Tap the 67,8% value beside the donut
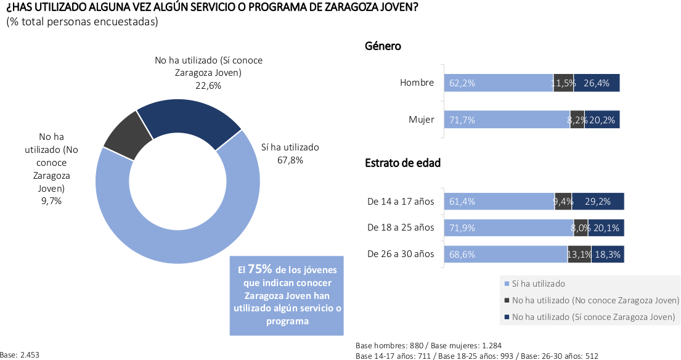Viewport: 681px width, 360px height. pyautogui.click(x=290, y=160)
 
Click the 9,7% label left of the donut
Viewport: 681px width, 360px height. pyautogui.click(x=51, y=201)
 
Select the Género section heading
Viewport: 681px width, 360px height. pyautogui.click(x=383, y=46)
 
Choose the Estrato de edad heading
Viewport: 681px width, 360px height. pyautogui.click(x=402, y=163)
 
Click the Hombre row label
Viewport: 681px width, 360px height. pyautogui.click(x=417, y=83)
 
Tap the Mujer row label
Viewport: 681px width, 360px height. pyautogui.click(x=422, y=120)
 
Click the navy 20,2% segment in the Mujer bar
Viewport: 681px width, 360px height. pyautogui.click(x=602, y=120)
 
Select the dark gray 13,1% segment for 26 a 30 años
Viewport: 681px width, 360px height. pyautogui.click(x=579, y=254)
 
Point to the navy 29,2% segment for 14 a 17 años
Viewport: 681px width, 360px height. pyautogui.click(x=598, y=201)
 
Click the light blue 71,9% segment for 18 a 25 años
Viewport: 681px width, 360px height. pyautogui.click(x=509, y=227)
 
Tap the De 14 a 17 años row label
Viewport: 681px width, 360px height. pyautogui.click(x=401, y=201)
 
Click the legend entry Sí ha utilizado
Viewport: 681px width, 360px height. pyautogui.click(x=538, y=284)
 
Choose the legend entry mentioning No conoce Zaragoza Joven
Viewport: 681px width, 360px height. pyautogui.click(x=595, y=300)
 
